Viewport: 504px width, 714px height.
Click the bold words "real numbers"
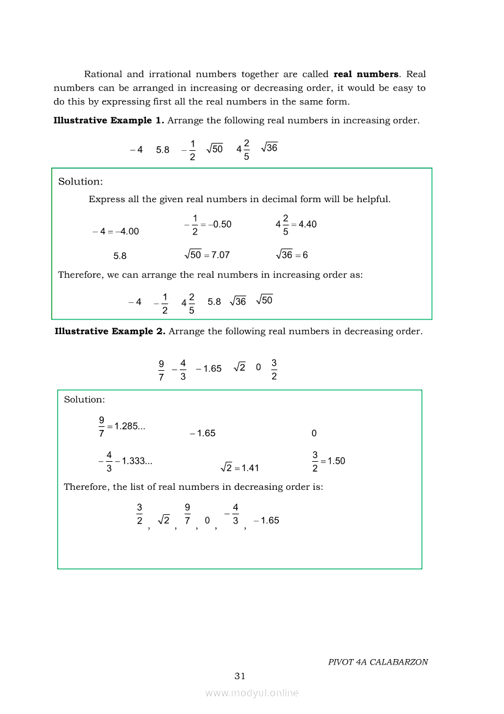[x=366, y=74]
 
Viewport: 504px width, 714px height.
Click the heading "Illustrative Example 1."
[x=109, y=120]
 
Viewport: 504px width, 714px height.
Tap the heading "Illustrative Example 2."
[x=110, y=331]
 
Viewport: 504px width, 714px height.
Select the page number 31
[x=240, y=676]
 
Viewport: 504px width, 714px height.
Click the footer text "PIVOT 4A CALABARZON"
[x=378, y=661]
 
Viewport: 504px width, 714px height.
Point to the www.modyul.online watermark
[x=252, y=693]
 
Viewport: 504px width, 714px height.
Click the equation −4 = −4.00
[x=116, y=231]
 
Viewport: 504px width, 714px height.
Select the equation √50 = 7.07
[x=207, y=255]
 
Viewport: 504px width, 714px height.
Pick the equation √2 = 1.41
[x=240, y=468]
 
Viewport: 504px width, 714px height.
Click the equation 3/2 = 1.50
[x=328, y=461]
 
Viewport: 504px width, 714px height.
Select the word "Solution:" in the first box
[x=81, y=181]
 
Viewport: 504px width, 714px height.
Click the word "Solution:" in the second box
[x=84, y=399]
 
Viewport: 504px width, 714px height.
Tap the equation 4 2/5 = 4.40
[x=296, y=224]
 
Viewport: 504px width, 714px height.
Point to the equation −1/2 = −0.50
[x=207, y=224]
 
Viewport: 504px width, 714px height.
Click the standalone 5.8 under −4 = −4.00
[x=120, y=257]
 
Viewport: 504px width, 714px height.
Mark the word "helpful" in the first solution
[x=372, y=199]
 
